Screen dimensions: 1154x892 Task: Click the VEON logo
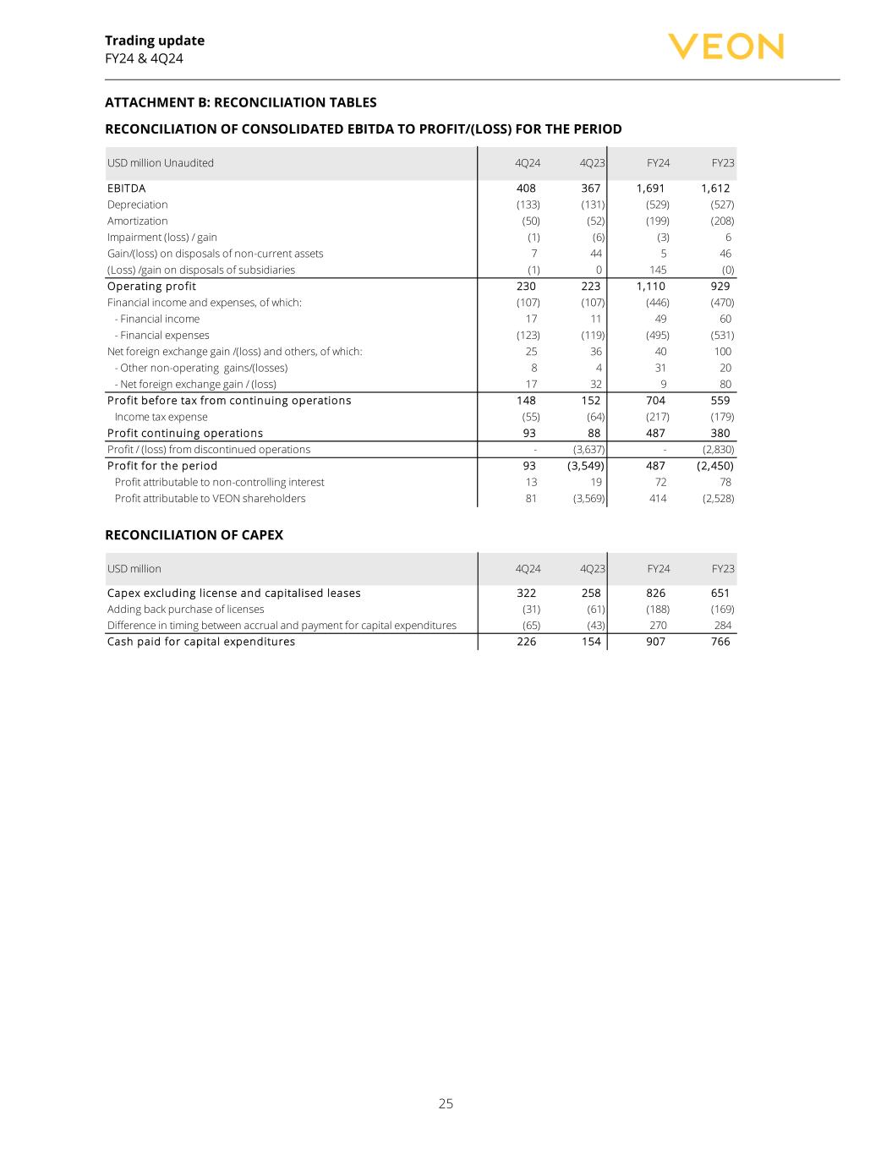click(x=726, y=47)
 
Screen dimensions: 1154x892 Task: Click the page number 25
click(x=446, y=1103)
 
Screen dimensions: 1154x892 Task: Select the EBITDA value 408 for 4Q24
click(x=526, y=189)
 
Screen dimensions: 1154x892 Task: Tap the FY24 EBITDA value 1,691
click(x=651, y=189)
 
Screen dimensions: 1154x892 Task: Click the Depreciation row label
click(x=138, y=205)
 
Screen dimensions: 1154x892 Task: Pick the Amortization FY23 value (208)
click(x=722, y=222)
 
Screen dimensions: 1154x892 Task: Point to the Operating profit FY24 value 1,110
click(x=651, y=287)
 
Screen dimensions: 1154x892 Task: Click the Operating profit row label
click(x=151, y=287)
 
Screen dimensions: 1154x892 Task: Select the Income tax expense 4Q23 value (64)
click(x=595, y=417)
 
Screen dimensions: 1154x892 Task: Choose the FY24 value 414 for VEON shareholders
click(x=658, y=499)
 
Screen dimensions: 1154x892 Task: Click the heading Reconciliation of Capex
click(x=194, y=535)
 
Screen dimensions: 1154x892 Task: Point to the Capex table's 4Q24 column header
click(x=528, y=569)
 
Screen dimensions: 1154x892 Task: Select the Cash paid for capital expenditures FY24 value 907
click(x=655, y=642)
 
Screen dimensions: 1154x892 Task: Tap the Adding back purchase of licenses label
click(x=185, y=610)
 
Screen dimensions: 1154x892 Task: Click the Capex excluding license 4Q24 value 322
click(x=526, y=593)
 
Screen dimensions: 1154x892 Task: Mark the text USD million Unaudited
click(x=161, y=163)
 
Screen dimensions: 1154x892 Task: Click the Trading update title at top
click(x=155, y=41)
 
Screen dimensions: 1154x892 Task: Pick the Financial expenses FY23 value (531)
click(x=722, y=336)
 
